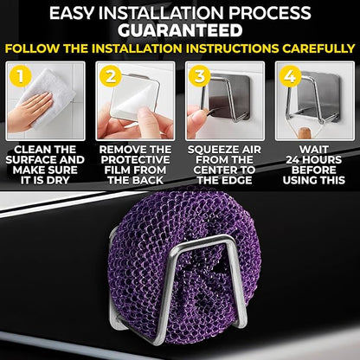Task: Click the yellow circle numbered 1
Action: click(x=20, y=76)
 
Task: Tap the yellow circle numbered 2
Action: click(x=111, y=76)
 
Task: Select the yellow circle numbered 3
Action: click(x=200, y=76)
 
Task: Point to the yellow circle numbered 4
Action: click(x=290, y=76)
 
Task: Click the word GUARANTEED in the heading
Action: click(x=180, y=30)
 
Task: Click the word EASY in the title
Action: click(x=72, y=13)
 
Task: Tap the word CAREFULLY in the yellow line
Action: click(x=318, y=48)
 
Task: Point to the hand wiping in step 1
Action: click(x=29, y=111)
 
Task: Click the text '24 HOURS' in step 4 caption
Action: click(x=313, y=160)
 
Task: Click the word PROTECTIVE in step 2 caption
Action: click(x=135, y=160)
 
